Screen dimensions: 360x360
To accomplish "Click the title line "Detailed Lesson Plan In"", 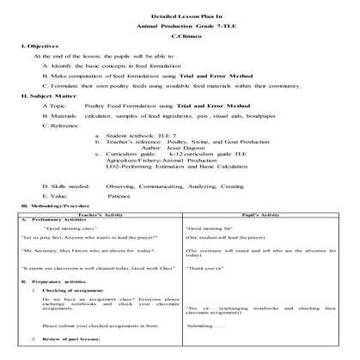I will [180, 15].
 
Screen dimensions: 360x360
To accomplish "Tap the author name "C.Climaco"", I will [180, 39].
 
